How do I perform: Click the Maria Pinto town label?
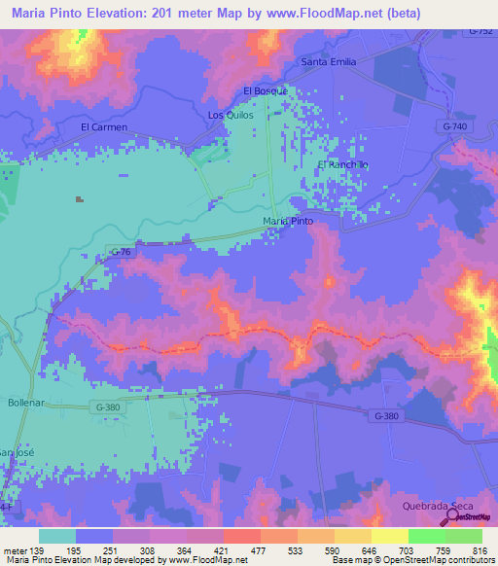(x=288, y=222)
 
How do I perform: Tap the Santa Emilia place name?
(x=329, y=62)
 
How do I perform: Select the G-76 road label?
(x=121, y=253)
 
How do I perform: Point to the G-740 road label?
(x=453, y=127)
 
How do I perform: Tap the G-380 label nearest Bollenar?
(x=111, y=405)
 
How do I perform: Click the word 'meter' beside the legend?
(x=17, y=551)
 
